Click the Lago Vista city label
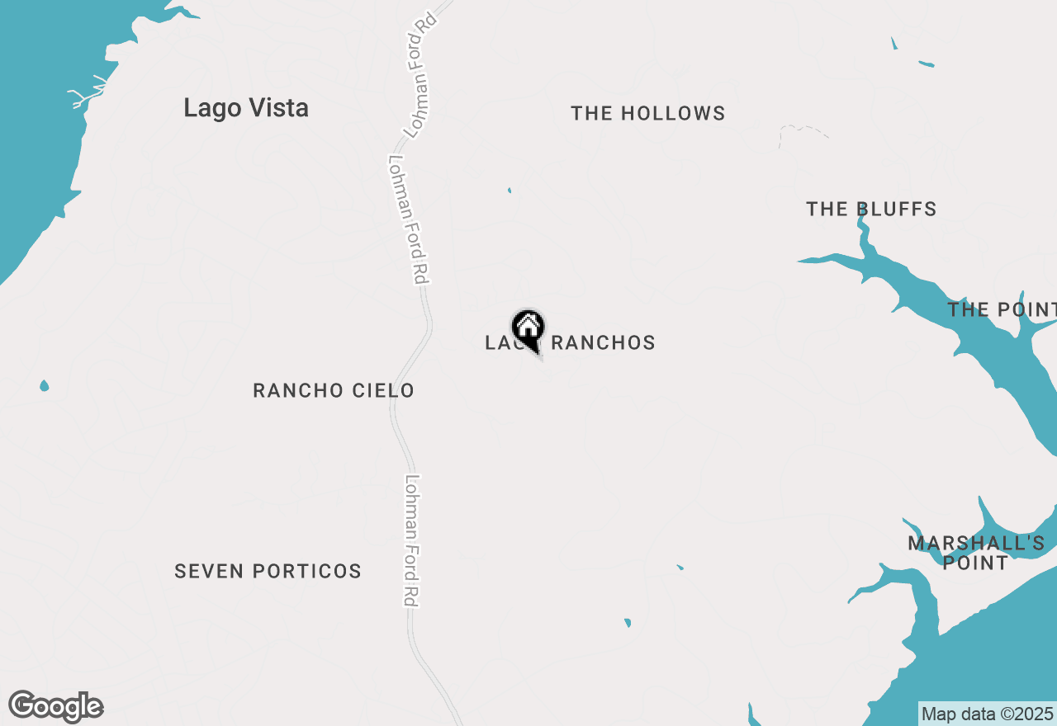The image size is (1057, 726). (x=246, y=108)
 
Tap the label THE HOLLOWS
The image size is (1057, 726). (x=647, y=114)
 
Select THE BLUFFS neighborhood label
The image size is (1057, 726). (x=871, y=210)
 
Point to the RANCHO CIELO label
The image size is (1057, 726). (x=333, y=390)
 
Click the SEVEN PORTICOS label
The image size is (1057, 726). (x=268, y=571)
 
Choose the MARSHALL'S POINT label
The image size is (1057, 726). (x=976, y=553)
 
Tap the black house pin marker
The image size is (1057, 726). (x=528, y=328)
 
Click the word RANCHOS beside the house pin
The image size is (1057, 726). (x=603, y=343)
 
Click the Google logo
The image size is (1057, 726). (x=55, y=707)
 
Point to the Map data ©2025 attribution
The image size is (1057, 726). (x=987, y=714)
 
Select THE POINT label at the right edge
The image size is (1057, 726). (x=1001, y=310)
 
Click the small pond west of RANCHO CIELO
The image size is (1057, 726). (x=44, y=385)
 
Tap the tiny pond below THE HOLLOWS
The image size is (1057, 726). (x=510, y=191)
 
